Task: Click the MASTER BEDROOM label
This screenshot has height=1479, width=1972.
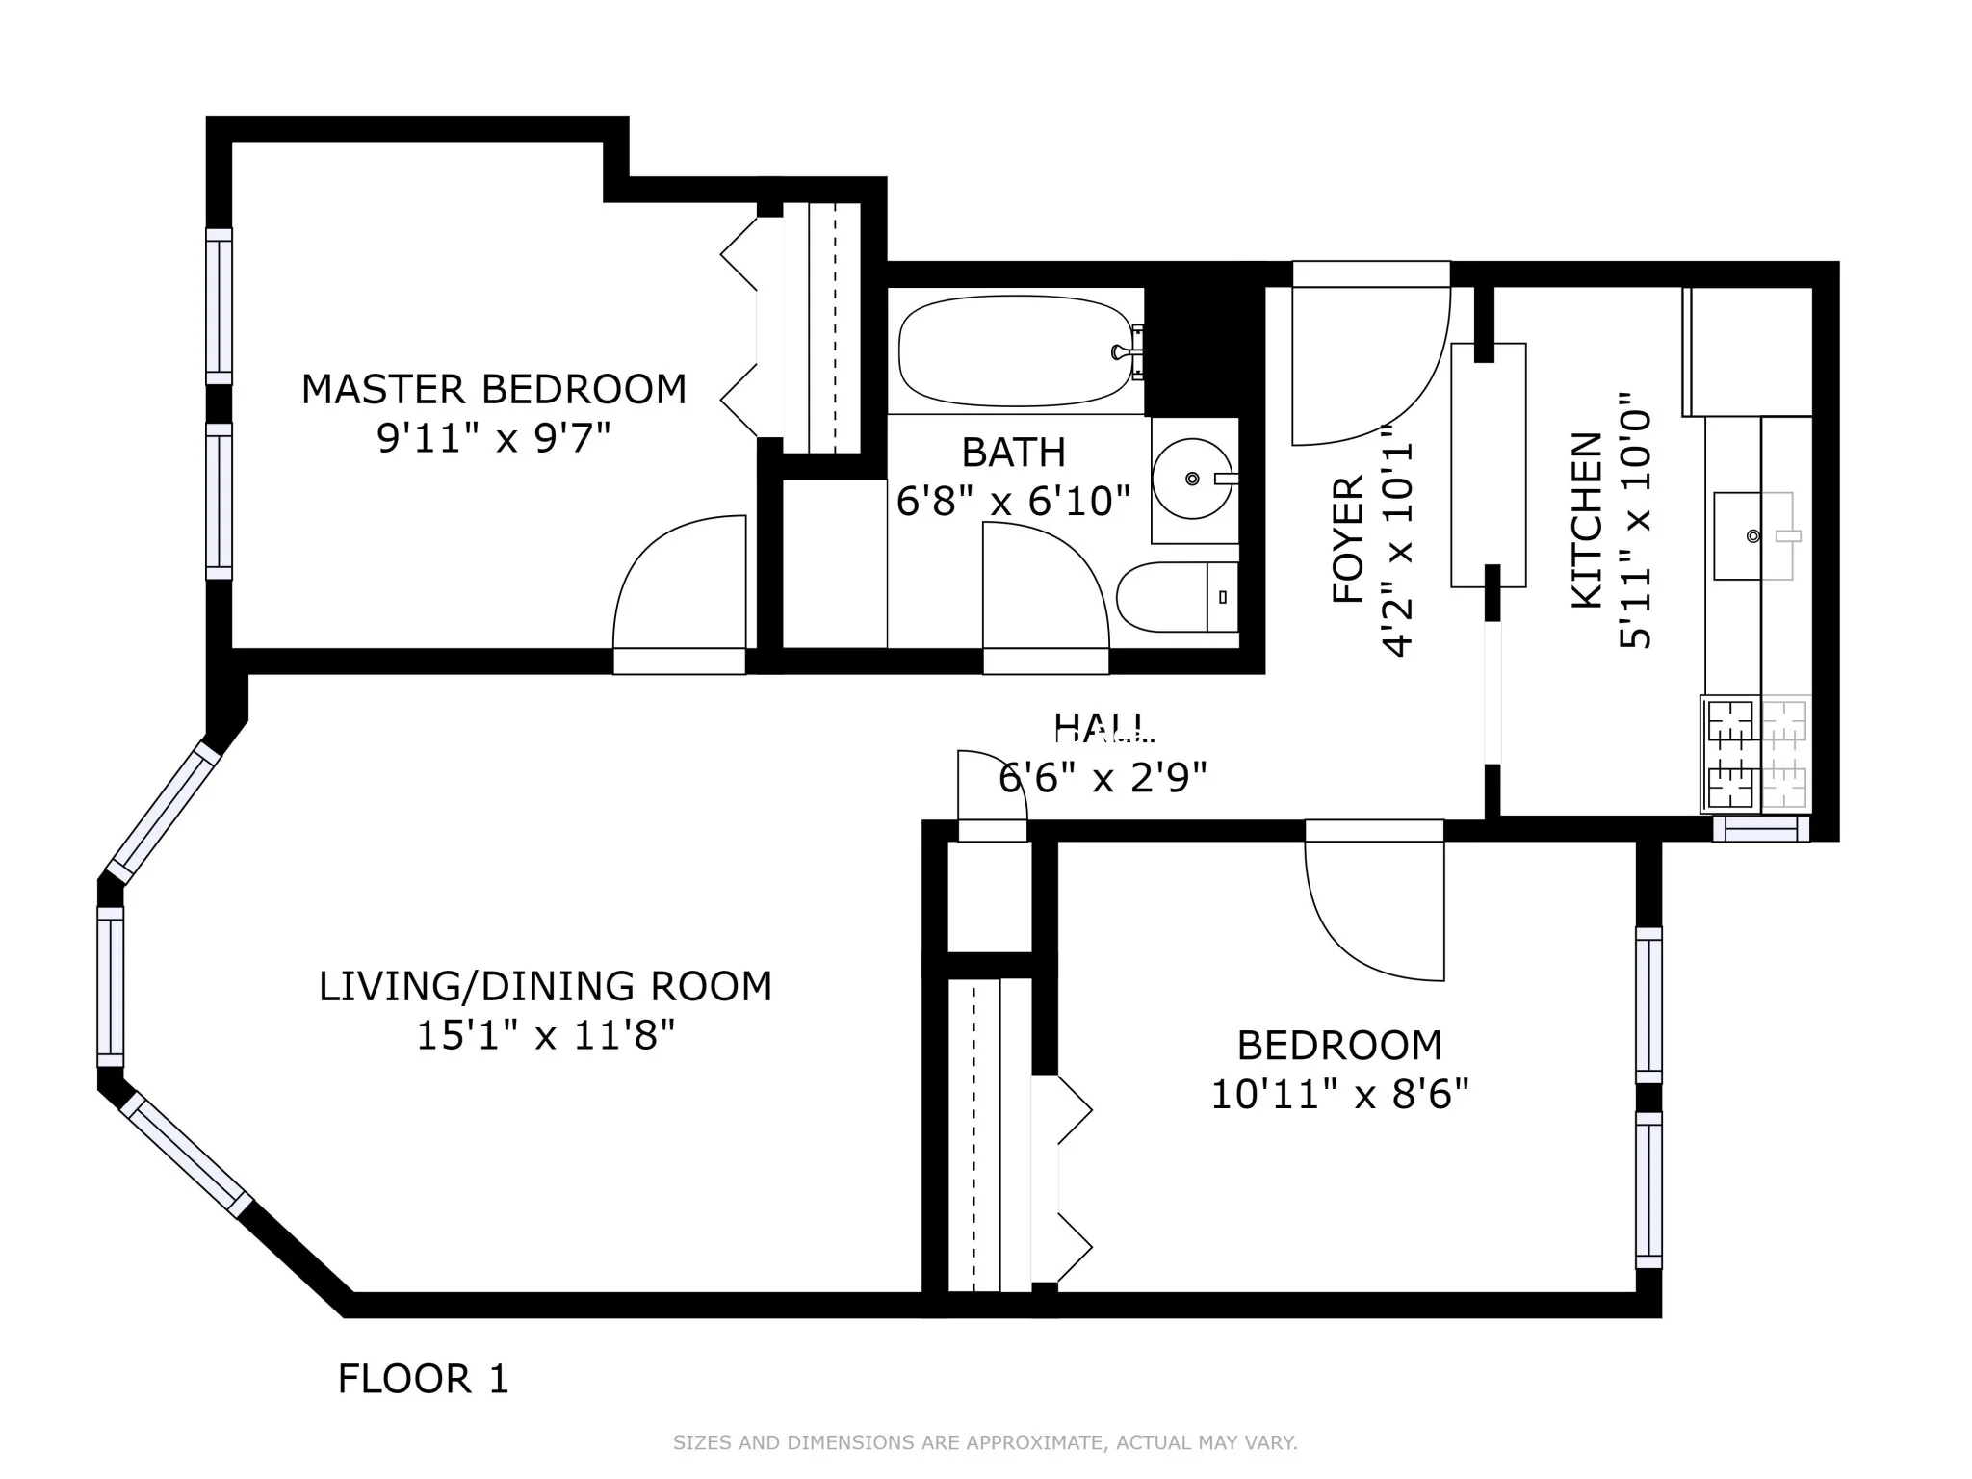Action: tap(494, 390)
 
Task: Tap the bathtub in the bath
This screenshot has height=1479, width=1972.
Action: tap(1016, 351)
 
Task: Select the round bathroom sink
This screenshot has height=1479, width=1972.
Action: tap(1192, 479)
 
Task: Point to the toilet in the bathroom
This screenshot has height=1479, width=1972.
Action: tap(1175, 597)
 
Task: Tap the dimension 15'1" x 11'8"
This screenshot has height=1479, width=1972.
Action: tap(545, 1037)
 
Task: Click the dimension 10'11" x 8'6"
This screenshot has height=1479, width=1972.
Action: tap(1339, 1096)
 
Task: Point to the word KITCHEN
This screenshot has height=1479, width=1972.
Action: tap(1587, 520)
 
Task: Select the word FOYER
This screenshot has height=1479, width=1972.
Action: tap(1348, 539)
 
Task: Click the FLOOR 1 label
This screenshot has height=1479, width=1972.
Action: tap(423, 1379)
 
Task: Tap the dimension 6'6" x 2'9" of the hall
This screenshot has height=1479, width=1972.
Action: tap(1103, 777)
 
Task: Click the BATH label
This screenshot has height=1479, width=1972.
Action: tap(1013, 453)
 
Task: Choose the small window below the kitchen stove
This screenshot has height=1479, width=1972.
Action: tap(1760, 829)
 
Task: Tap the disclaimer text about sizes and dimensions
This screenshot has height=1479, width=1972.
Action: tap(985, 1442)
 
